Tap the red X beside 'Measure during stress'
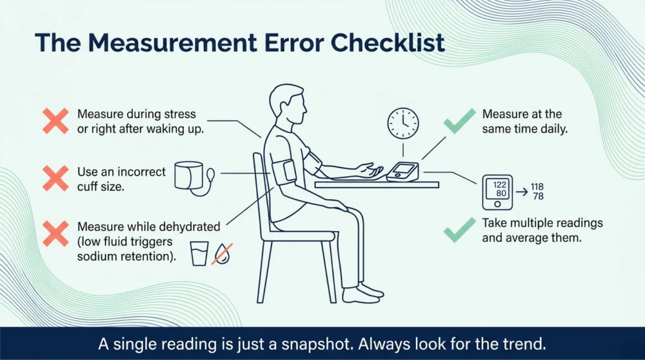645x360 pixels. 55,121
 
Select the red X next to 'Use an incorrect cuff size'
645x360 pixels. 55,178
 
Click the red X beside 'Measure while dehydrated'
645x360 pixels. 55,234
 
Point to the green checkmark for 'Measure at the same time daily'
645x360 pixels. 459,121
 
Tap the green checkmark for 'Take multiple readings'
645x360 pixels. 459,230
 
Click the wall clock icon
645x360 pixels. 403,123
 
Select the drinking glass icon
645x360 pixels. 199,254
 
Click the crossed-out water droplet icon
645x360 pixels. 222,254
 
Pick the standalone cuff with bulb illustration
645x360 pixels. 194,177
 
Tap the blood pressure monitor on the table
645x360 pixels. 402,172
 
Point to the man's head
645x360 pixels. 288,105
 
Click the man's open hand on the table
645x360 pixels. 370,170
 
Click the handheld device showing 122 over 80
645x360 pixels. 497,192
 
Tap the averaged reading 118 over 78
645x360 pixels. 537,192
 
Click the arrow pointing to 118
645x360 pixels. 522,192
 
